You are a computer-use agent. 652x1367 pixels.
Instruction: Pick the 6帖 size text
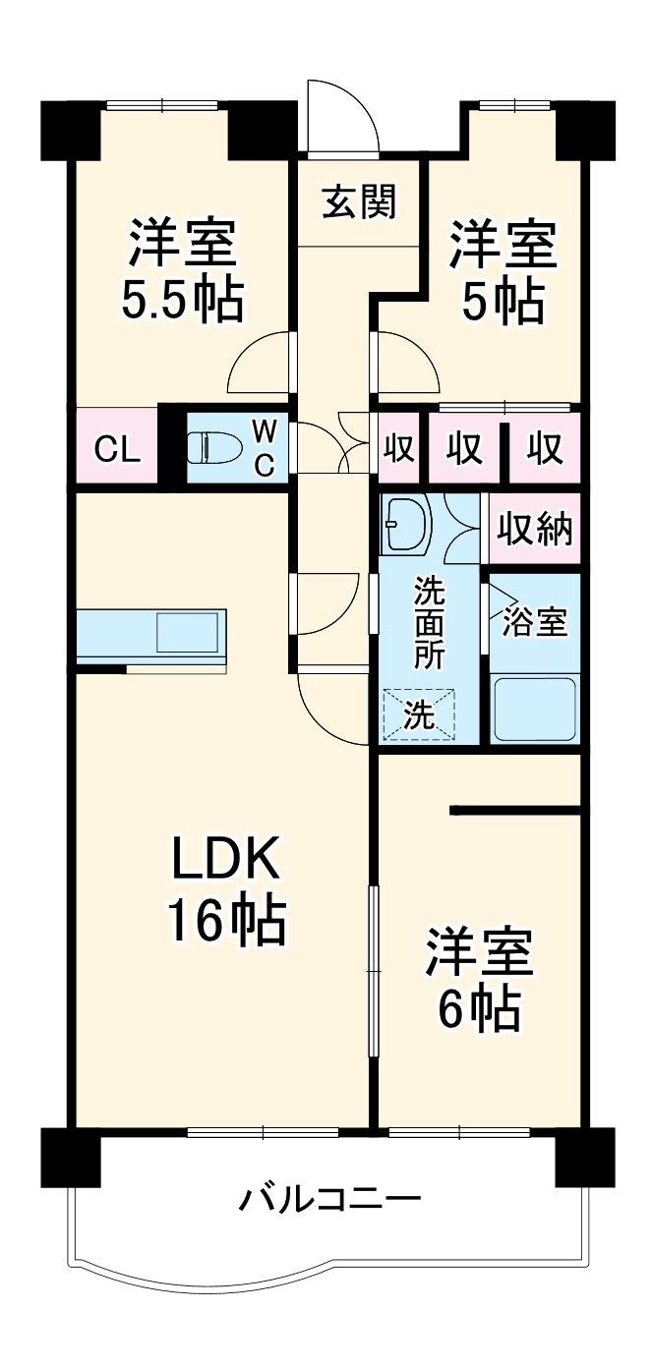[479, 1007]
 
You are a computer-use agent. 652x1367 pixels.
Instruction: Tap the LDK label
[227, 861]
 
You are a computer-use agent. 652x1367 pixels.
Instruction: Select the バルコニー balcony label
[331, 1199]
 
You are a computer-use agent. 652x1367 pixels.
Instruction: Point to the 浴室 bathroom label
[535, 621]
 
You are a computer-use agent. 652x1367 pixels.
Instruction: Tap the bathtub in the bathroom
[535, 708]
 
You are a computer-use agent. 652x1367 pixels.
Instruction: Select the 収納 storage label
[534, 530]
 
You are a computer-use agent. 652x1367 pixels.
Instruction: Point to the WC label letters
[264, 447]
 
